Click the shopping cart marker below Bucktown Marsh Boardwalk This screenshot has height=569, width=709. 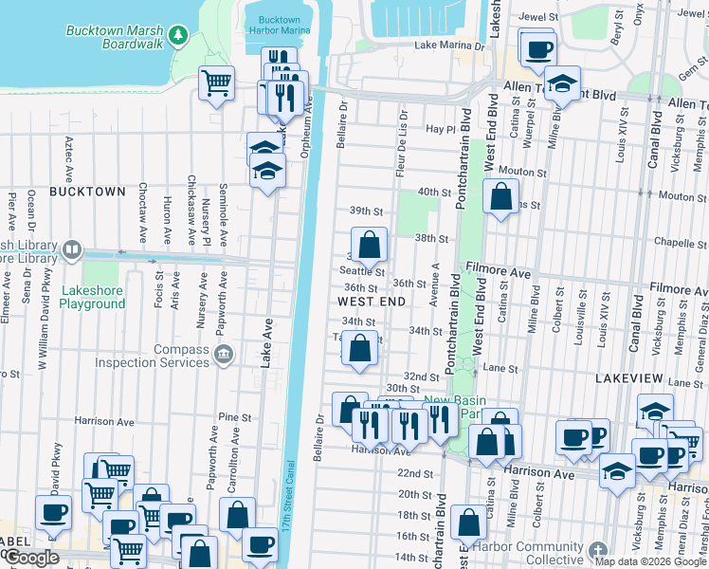pyautogui.click(x=217, y=83)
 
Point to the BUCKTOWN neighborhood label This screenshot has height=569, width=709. pyautogui.click(x=87, y=192)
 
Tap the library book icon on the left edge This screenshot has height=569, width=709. pyautogui.click(x=71, y=251)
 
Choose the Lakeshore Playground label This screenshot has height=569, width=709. pyautogui.click(x=92, y=297)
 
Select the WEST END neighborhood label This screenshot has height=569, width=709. pyautogui.click(x=372, y=302)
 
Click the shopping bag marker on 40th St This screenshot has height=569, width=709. pyautogui.click(x=501, y=196)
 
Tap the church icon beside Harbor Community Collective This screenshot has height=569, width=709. pyautogui.click(x=597, y=550)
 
